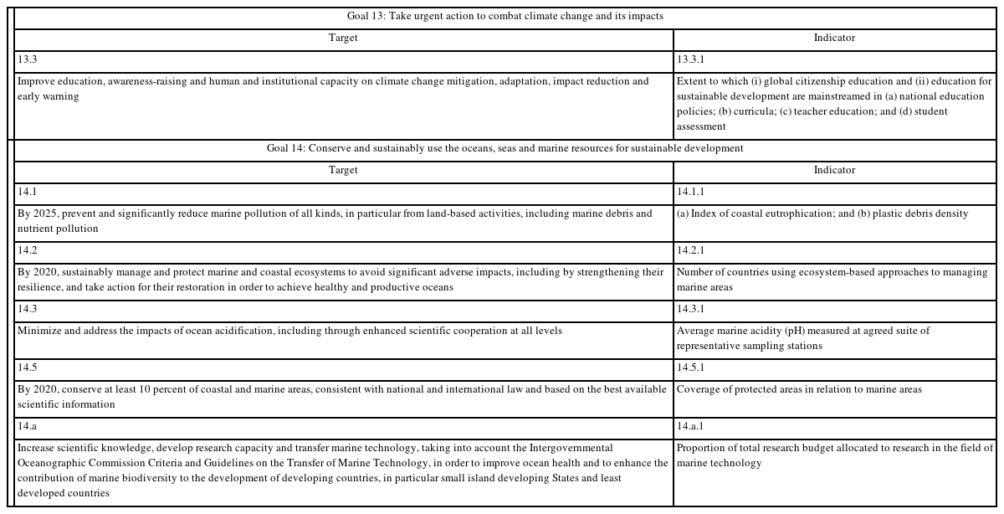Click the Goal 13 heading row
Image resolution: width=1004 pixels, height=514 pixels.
tap(505, 17)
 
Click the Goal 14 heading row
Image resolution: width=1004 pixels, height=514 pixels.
tap(505, 148)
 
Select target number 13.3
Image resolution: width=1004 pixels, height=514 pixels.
tap(28, 60)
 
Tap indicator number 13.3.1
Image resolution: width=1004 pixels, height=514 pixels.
tap(690, 60)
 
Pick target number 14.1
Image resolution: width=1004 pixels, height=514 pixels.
tap(28, 192)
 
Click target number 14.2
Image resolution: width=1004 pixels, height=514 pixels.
tap(28, 250)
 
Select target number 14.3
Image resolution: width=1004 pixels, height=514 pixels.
tap(28, 309)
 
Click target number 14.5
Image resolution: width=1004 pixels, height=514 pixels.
tap(28, 368)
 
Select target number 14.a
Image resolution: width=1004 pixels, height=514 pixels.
tap(28, 426)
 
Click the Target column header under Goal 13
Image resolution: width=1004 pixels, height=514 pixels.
tap(343, 39)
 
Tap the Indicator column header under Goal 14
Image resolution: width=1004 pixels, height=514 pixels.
tap(834, 170)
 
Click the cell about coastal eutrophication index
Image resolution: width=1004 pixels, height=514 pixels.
tap(822, 213)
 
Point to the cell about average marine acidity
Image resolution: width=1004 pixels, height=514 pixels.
tap(803, 338)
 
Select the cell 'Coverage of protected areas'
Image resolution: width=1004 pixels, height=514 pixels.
tap(799, 389)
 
